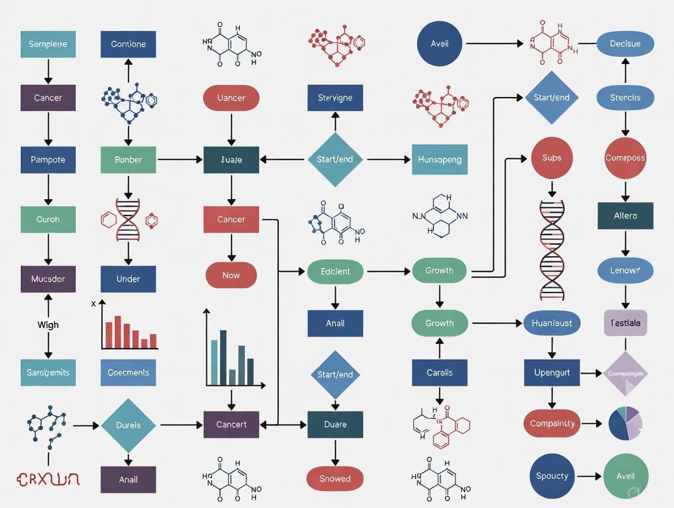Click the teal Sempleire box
48,44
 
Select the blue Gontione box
128,44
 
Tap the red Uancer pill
231,98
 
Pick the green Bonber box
128,159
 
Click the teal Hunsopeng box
440,159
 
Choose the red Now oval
231,275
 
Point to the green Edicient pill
335,271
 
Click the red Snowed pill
335,479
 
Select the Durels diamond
128,425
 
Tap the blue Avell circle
440,44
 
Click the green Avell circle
625,476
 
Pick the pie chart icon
625,424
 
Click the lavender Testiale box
625,323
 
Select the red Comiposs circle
625,158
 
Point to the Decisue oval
625,44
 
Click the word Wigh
48,325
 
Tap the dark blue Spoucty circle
552,476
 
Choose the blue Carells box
440,372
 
